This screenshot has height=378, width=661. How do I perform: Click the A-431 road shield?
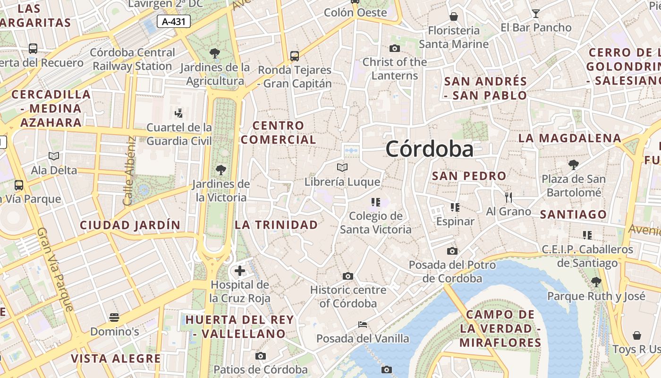(x=173, y=21)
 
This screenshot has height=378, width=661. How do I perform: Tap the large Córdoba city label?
(x=429, y=149)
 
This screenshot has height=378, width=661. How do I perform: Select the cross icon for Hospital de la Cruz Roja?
(x=240, y=271)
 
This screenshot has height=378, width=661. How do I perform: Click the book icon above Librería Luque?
(x=342, y=167)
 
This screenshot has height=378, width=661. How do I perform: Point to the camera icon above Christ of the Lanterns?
(x=394, y=48)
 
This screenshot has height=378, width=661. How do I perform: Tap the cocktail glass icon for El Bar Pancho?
(x=535, y=13)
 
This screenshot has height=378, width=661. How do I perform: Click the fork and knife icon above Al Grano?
(x=508, y=197)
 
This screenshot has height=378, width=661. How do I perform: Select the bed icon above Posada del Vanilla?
(x=362, y=325)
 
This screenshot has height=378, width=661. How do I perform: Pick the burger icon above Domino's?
(x=114, y=317)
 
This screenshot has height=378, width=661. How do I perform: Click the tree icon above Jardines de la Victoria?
(x=220, y=170)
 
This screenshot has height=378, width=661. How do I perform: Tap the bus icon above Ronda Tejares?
(x=295, y=56)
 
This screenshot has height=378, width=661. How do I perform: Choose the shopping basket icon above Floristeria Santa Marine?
(x=453, y=17)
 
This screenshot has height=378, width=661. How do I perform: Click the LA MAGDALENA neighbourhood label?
(x=569, y=138)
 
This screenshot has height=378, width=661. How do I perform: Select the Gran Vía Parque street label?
(x=55, y=269)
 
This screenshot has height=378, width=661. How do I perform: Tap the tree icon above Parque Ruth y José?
(x=596, y=282)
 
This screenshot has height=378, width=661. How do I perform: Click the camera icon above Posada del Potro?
(x=452, y=251)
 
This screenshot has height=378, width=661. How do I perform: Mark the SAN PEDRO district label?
(x=469, y=176)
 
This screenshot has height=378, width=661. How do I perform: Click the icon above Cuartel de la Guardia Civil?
(x=178, y=113)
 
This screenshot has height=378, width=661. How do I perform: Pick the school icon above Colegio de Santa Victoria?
(x=375, y=202)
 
